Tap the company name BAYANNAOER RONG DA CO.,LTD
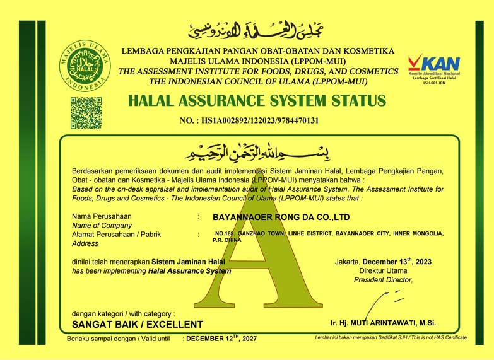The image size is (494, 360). click(x=281, y=217)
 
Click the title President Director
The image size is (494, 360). click(x=383, y=279)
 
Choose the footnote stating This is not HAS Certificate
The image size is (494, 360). click(x=391, y=338)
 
